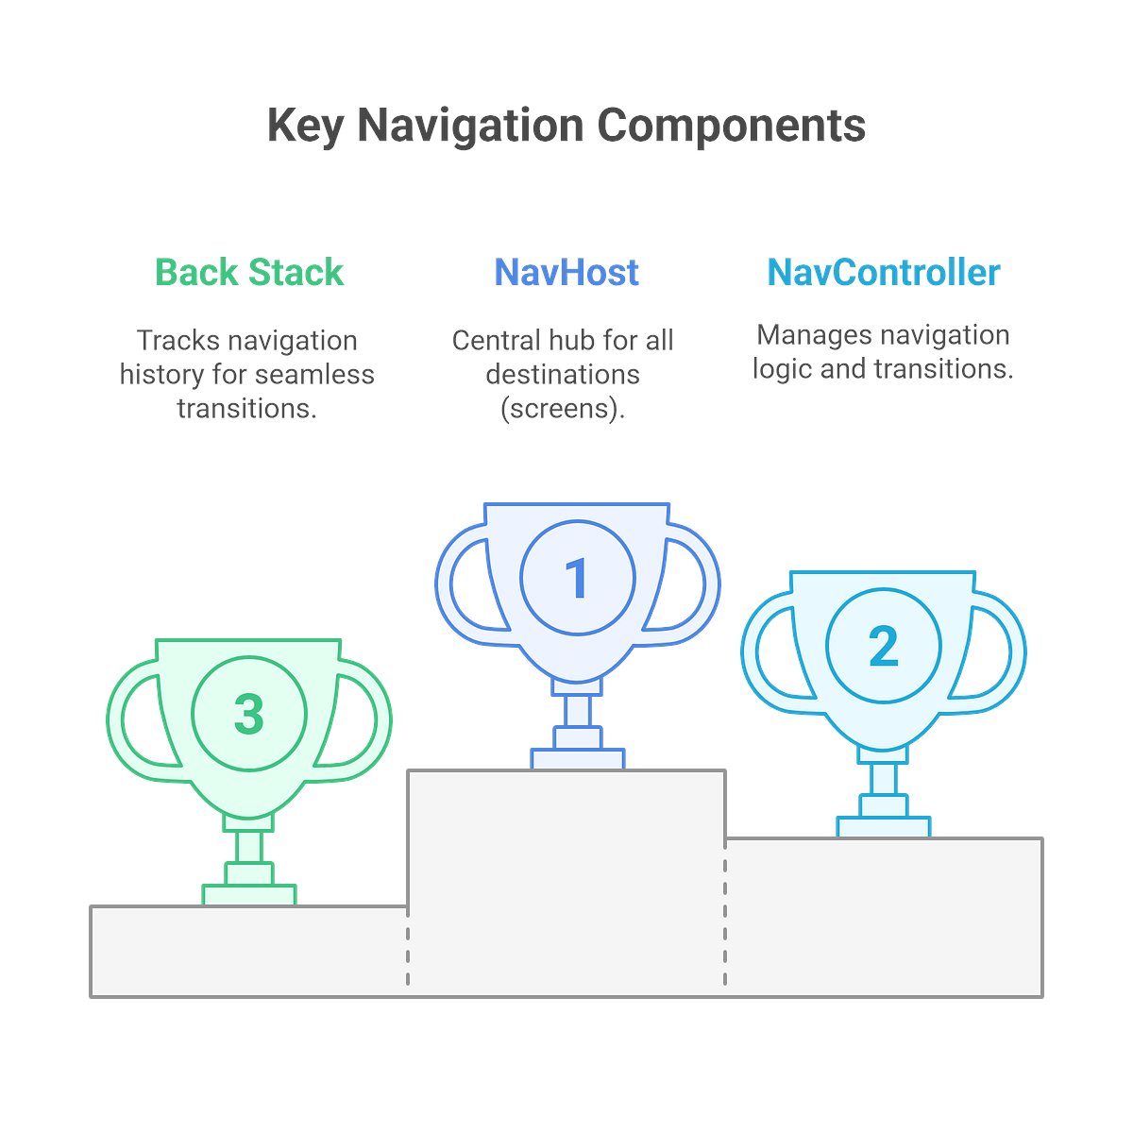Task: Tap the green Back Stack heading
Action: click(249, 273)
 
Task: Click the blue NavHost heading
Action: click(566, 273)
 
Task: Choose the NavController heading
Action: click(883, 273)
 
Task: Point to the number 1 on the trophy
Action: click(576, 579)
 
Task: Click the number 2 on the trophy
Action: click(883, 647)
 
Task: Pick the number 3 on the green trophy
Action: click(249, 714)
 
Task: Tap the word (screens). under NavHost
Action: click(563, 409)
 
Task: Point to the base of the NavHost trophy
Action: click(577, 758)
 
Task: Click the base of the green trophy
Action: click(249, 894)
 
